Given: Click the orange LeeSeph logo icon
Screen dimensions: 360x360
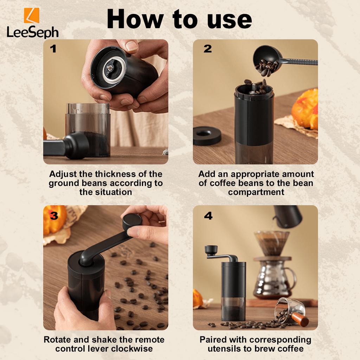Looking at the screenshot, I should [x=31, y=15].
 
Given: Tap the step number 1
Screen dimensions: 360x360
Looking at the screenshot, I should [x=53, y=49].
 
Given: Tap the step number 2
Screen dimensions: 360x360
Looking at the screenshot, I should [x=207, y=49].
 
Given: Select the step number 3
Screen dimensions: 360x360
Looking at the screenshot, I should [x=54, y=216].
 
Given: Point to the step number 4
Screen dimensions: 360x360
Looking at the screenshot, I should [x=208, y=216].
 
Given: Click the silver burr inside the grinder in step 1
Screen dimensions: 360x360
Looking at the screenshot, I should [x=112, y=67].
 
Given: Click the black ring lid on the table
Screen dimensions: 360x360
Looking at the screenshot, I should [x=207, y=135].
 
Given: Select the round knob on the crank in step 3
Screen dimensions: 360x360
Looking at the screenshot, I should [x=132, y=222].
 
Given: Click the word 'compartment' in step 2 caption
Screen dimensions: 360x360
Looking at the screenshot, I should [x=256, y=192].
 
